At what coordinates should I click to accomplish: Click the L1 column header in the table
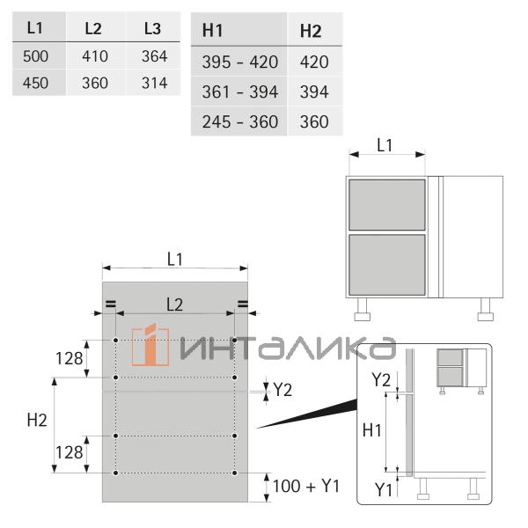coord(35,28)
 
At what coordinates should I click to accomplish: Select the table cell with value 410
coord(95,56)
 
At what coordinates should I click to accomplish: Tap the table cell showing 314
coord(154,84)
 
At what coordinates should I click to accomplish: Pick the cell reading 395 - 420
coord(239,62)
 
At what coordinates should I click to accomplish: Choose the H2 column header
coord(311,32)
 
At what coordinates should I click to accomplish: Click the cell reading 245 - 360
coord(239,121)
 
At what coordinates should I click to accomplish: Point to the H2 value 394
coord(314,92)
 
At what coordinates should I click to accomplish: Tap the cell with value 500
coord(36,56)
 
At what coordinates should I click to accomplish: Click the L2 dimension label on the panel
coord(174,304)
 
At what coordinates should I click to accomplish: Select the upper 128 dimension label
coord(69,359)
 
